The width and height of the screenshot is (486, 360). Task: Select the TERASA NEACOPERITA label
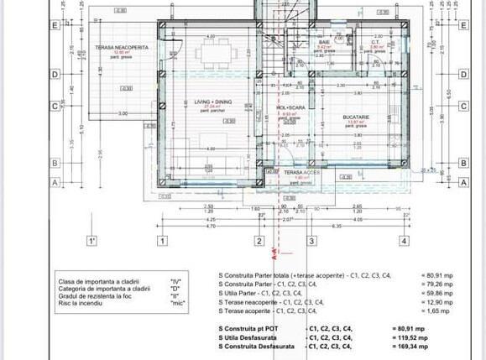coord(121,48)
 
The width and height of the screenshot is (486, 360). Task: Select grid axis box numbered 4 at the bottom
coord(404,241)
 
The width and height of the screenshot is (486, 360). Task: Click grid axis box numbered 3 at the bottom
coord(311,241)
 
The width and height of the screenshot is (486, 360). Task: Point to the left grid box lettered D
coord(55,75)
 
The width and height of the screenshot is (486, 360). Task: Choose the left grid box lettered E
coord(55,24)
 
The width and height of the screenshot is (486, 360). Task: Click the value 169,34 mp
coord(411,346)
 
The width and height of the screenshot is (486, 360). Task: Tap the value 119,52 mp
coord(411,337)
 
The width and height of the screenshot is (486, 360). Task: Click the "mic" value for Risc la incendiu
coord(175,302)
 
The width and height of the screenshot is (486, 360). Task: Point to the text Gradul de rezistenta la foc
coord(96,295)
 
